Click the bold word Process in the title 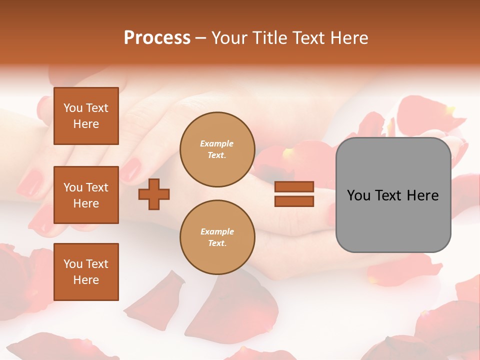coord(157,38)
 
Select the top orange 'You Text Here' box coord(86,116)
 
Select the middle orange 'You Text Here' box coord(86,195)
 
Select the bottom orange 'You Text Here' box coord(86,271)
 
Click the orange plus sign coord(154,193)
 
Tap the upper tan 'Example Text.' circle coord(217,149)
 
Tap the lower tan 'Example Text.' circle coord(217,237)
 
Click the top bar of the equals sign coord(294,186)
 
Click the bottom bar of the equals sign coord(294,201)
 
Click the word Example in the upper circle coord(216,143)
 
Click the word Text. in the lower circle coord(217,243)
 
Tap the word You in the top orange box coord(72,108)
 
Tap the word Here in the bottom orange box coord(86,280)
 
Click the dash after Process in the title coord(200,38)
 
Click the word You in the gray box coord(358,195)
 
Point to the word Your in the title coord(228,38)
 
